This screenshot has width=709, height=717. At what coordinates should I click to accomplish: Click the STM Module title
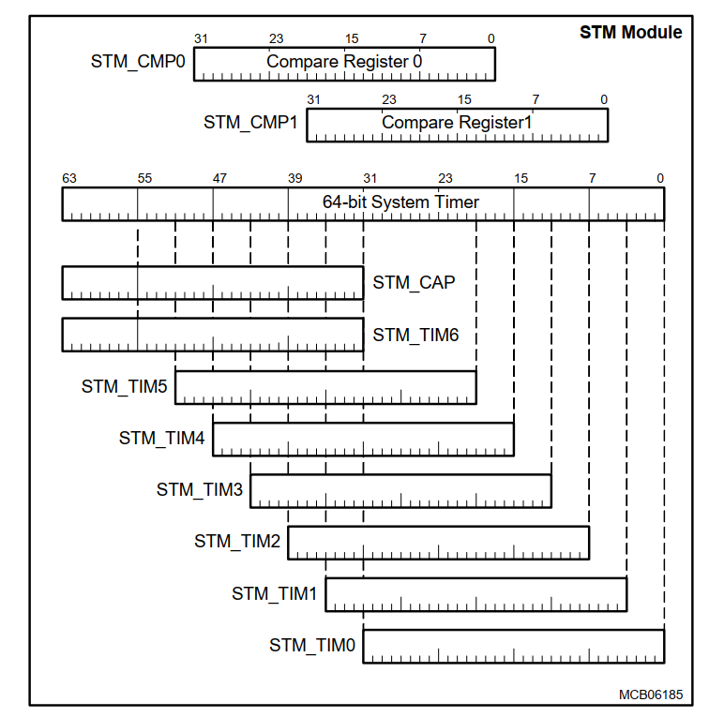pyautogui.click(x=630, y=33)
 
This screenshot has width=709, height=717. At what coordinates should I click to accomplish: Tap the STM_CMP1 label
pyautogui.click(x=250, y=122)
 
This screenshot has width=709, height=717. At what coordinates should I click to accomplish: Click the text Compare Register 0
pyautogui.click(x=344, y=62)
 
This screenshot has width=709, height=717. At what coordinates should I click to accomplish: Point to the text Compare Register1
pyautogui.click(x=457, y=122)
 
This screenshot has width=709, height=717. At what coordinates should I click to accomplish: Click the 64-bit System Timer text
pyautogui.click(x=400, y=202)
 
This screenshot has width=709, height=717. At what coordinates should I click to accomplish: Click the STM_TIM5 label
pyautogui.click(x=125, y=385)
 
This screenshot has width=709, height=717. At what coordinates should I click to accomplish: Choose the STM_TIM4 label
pyautogui.click(x=162, y=438)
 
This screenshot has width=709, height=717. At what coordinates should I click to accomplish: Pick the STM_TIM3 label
pyautogui.click(x=200, y=489)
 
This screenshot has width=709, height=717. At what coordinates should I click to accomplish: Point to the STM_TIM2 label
pyautogui.click(x=237, y=541)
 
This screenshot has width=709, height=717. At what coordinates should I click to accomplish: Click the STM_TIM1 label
pyautogui.click(x=275, y=593)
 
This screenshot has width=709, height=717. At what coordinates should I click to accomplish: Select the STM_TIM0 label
pyautogui.click(x=312, y=645)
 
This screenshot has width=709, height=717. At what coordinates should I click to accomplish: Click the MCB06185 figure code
pyautogui.click(x=650, y=695)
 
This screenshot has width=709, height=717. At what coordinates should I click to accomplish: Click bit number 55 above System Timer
pyautogui.click(x=144, y=178)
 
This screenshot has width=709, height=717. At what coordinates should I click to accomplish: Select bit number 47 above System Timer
pyautogui.click(x=219, y=178)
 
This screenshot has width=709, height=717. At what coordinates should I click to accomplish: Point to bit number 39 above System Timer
pyautogui.click(x=294, y=178)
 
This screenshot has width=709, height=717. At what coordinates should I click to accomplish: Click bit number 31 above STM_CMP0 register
pyautogui.click(x=201, y=38)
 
